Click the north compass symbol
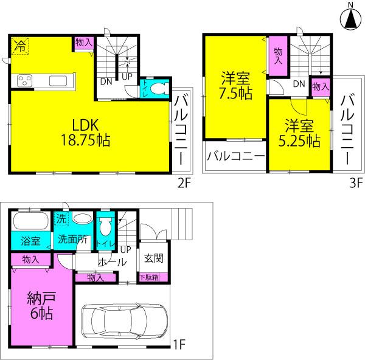(x=350, y=18)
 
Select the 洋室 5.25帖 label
(x=300, y=134)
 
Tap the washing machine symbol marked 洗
(x=61, y=218)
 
